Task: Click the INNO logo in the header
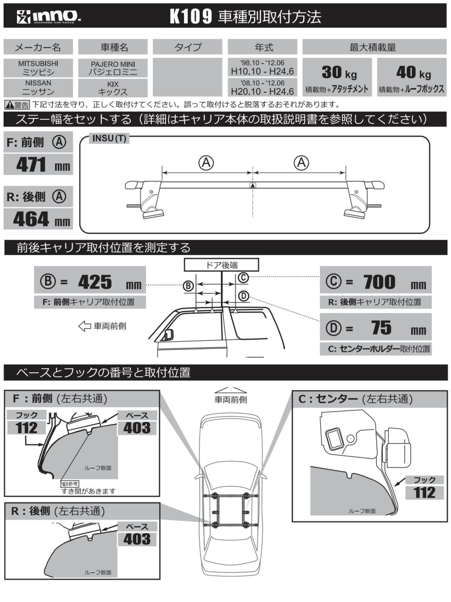(49, 17)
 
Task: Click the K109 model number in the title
(191, 17)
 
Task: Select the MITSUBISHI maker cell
(38, 68)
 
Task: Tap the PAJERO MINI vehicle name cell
(113, 68)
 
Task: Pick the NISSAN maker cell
(38, 87)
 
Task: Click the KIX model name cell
(113, 87)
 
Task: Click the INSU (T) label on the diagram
(109, 138)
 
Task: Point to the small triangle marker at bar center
(253, 185)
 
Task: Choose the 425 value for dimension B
(95, 282)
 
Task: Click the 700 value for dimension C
(379, 282)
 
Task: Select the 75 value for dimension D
(381, 328)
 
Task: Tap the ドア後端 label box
(221, 265)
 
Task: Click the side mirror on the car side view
(169, 335)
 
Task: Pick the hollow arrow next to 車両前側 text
(85, 326)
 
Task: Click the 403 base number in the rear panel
(137, 539)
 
